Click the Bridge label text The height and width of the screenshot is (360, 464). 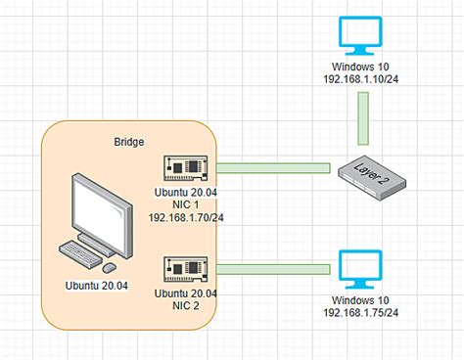[129, 143]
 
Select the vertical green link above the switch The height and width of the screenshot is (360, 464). [363, 123]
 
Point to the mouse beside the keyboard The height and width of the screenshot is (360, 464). [110, 267]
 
